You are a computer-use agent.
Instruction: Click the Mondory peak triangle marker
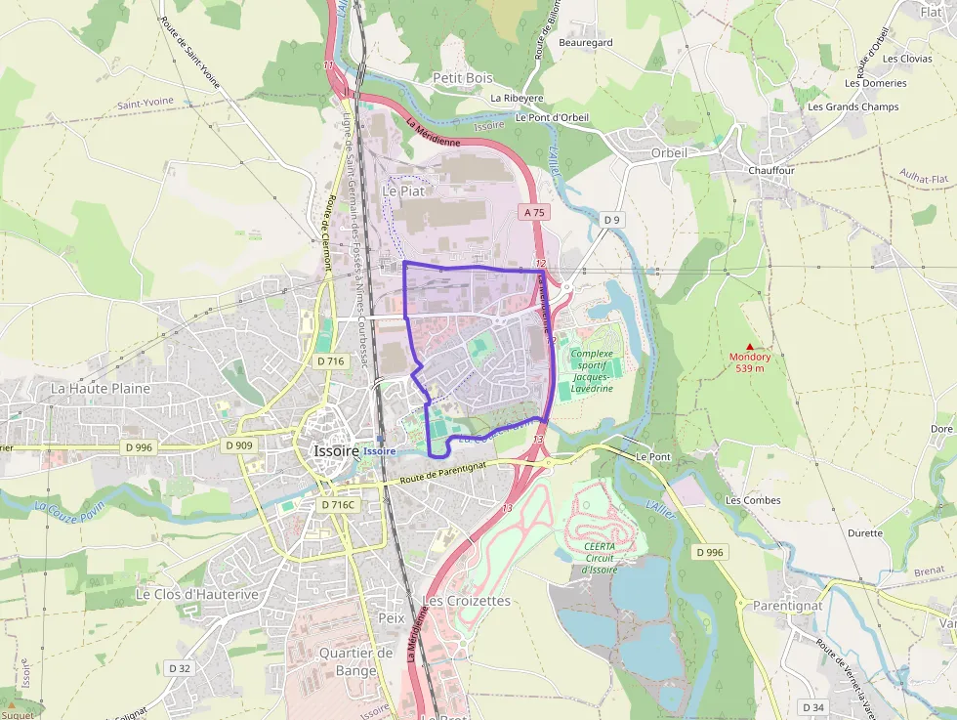pyautogui.click(x=750, y=346)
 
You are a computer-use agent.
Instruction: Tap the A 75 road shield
pyautogui.click(x=534, y=212)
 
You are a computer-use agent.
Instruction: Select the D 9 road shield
pyautogui.click(x=611, y=220)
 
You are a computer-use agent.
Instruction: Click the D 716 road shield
pyautogui.click(x=332, y=361)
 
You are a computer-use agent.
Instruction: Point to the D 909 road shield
pyautogui.click(x=238, y=445)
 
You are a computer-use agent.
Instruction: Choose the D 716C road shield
pyautogui.click(x=340, y=505)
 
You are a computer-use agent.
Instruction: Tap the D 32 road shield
pyautogui.click(x=180, y=668)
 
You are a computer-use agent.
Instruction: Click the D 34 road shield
pyautogui.click(x=813, y=706)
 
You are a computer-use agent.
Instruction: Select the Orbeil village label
pyautogui.click(x=669, y=152)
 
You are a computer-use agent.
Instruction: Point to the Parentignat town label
pyautogui.click(x=788, y=605)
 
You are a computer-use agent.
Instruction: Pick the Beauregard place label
pyautogui.click(x=585, y=43)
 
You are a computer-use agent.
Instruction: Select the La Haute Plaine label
pyautogui.click(x=101, y=388)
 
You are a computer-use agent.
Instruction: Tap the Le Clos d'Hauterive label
pyautogui.click(x=197, y=594)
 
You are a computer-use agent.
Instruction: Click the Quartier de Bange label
pyautogui.click(x=355, y=661)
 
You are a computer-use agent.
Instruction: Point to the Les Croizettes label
pyautogui.click(x=466, y=600)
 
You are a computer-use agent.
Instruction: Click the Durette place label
pyautogui.click(x=865, y=533)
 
